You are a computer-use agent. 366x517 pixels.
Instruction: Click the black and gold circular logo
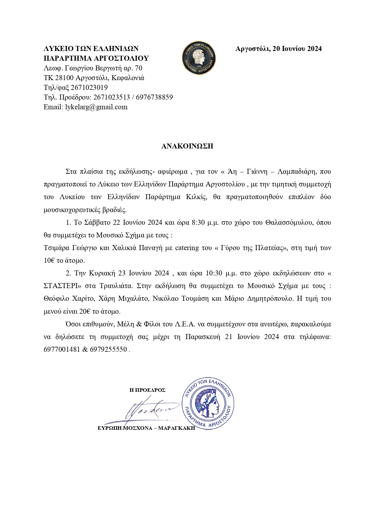(x=199, y=58)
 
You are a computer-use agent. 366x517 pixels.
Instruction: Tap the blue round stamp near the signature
(x=208, y=404)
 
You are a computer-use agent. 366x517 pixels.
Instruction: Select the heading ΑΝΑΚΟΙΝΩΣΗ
(x=187, y=146)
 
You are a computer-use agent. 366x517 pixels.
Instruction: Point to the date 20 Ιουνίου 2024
(x=297, y=49)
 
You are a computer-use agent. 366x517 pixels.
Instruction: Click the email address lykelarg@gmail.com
(x=96, y=107)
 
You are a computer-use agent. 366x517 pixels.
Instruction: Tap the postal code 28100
(x=64, y=78)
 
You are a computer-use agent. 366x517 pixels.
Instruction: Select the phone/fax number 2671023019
(x=89, y=87)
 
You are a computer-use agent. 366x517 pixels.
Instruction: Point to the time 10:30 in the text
(x=214, y=273)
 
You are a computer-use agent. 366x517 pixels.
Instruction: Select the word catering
(x=187, y=248)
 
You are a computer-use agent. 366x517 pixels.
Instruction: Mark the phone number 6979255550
(x=108, y=349)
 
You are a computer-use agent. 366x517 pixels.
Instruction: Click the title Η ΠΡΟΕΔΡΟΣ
(x=147, y=390)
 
